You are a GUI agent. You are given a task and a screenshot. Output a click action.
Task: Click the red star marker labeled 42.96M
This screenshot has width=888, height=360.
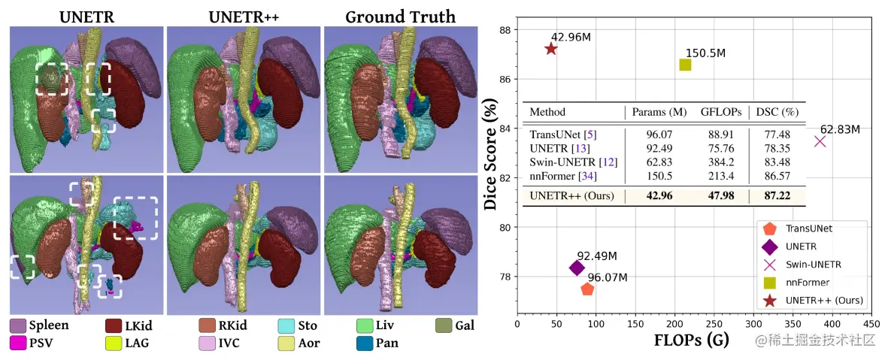pyautogui.click(x=550, y=49)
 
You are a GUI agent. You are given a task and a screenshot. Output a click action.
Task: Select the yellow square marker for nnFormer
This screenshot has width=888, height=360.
pyautogui.click(x=685, y=65)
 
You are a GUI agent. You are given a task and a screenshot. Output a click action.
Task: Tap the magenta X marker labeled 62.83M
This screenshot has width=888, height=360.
pyautogui.click(x=820, y=141)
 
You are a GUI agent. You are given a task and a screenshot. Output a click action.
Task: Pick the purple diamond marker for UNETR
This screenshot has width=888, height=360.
pyautogui.click(x=577, y=268)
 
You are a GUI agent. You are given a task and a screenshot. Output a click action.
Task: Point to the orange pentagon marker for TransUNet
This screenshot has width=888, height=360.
pyautogui.click(x=588, y=289)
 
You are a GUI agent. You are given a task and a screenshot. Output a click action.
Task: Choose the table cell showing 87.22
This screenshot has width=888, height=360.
pyautogui.click(x=777, y=196)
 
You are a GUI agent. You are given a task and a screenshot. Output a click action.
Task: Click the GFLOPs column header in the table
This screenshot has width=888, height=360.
pyautogui.click(x=720, y=112)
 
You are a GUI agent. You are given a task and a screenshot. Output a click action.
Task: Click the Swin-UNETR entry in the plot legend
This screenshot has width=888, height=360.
pyautogui.click(x=814, y=265)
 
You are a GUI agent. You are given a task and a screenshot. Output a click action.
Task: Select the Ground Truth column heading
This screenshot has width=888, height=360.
pyautogui.click(x=400, y=16)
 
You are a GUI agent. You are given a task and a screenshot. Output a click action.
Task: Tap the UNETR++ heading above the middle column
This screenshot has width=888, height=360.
pyautogui.click(x=243, y=16)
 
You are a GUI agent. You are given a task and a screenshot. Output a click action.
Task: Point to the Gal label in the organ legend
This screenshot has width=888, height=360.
pyautogui.click(x=465, y=326)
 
